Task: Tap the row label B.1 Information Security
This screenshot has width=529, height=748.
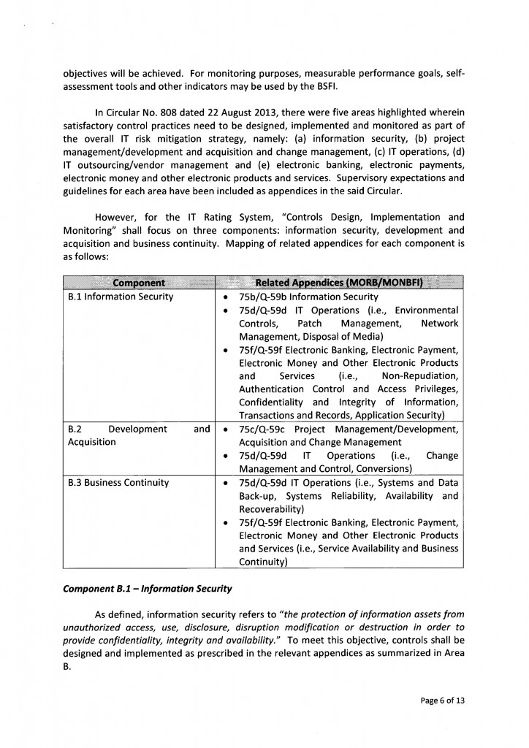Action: (x=120, y=297)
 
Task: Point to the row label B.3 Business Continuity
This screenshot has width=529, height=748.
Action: (x=118, y=482)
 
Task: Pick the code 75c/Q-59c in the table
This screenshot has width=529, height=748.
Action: (x=264, y=429)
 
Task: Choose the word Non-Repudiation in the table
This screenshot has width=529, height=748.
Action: (x=420, y=375)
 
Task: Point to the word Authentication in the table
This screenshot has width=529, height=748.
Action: (x=271, y=389)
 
